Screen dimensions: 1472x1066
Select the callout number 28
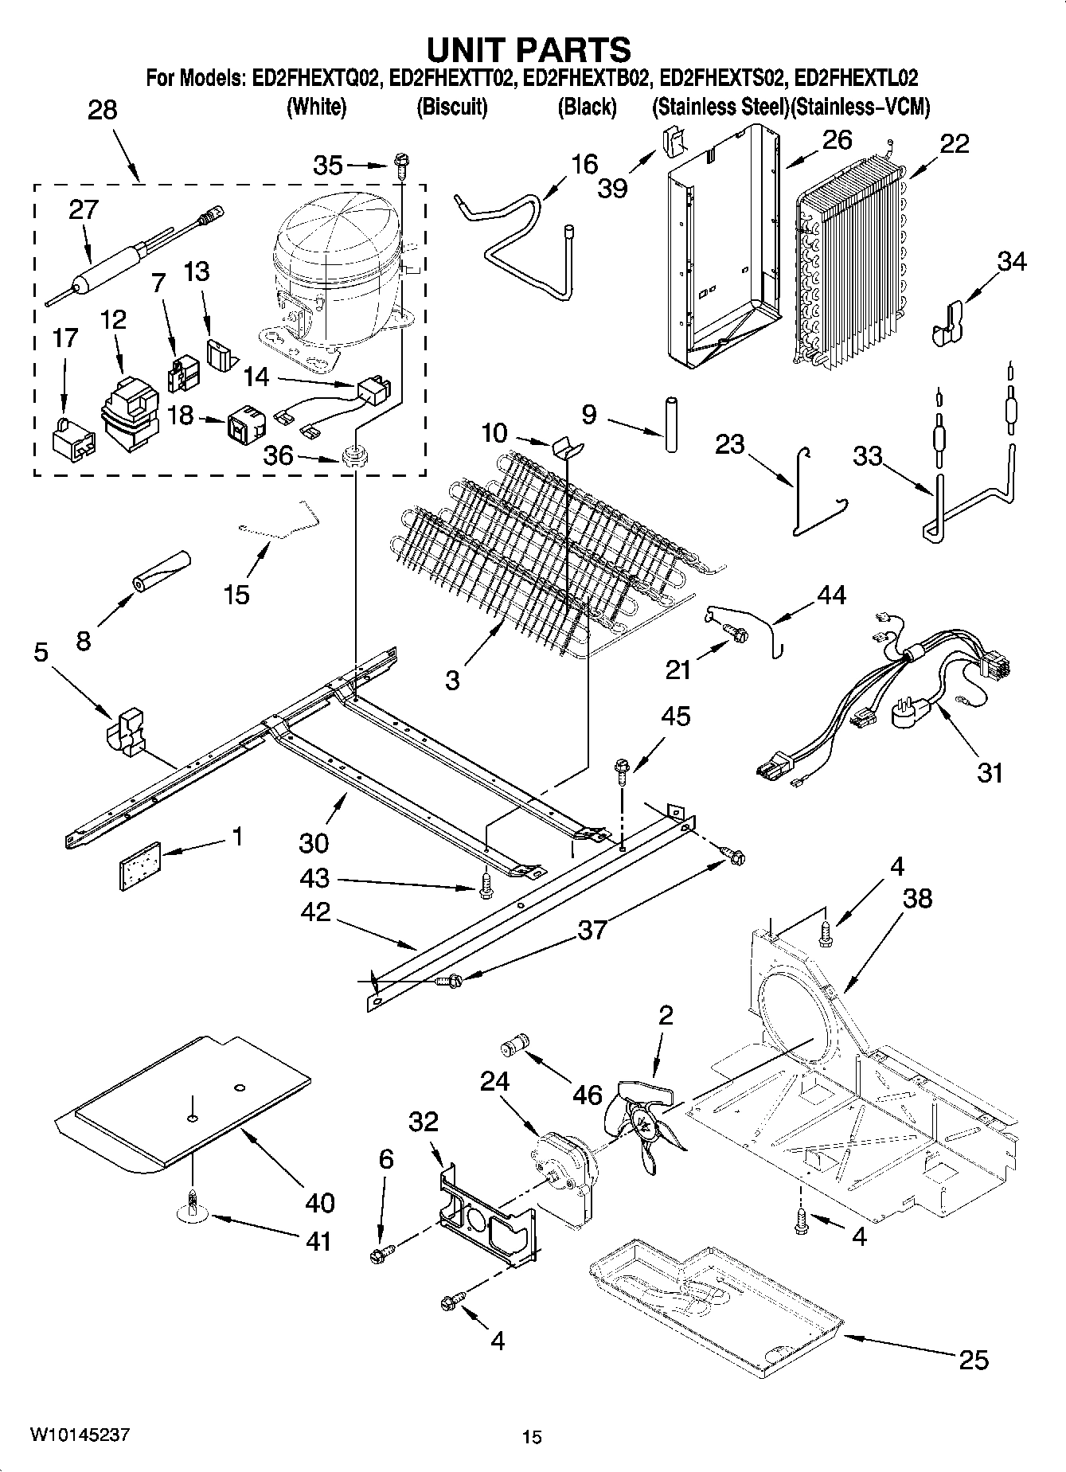[102, 110]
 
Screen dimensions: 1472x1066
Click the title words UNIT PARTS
[529, 49]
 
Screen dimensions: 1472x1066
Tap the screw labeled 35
[400, 166]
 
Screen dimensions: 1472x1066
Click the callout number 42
[316, 912]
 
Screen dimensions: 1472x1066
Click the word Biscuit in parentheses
[451, 107]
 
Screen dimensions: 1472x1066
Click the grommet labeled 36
[353, 457]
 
